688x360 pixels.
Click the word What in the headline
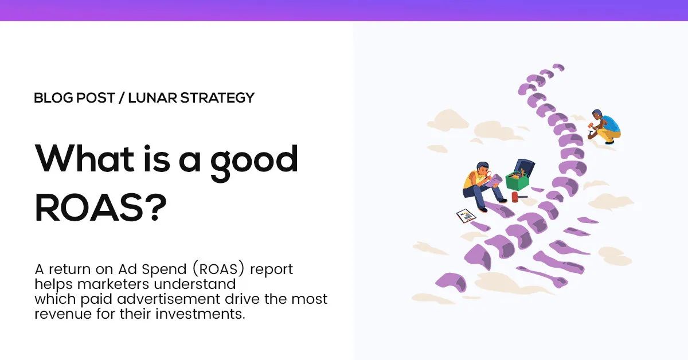84,159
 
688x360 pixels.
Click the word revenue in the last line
59,314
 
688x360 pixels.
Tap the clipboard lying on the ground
466,217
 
